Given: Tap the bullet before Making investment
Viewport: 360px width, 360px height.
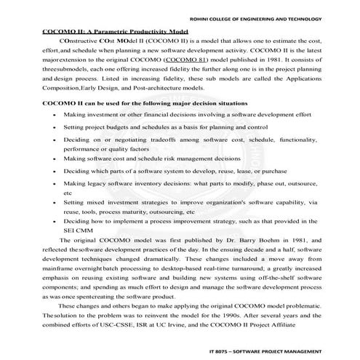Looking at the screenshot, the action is (x=49, y=115).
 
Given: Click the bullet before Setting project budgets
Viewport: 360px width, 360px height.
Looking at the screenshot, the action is (x=49, y=127).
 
